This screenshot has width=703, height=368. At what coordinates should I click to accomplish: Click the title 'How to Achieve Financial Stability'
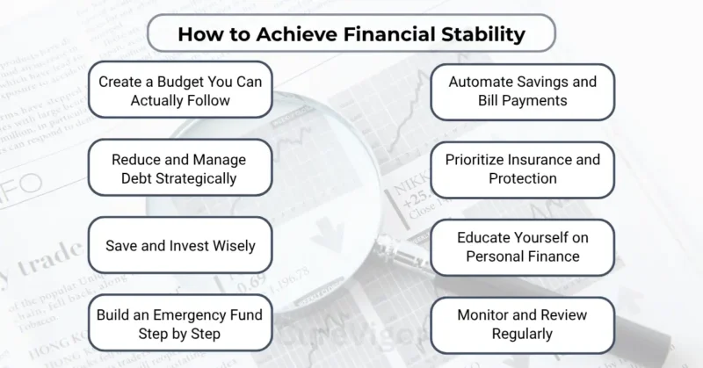[351, 35]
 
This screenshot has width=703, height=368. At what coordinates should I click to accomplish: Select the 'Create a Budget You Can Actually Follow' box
[181, 91]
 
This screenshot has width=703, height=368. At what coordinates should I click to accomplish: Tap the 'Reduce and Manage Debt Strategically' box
[179, 169]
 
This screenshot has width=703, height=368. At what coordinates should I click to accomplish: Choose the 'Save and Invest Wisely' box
[181, 245]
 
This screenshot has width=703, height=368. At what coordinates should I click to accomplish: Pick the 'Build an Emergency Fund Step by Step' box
[179, 323]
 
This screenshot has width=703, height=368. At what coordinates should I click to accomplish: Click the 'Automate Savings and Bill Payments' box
[522, 91]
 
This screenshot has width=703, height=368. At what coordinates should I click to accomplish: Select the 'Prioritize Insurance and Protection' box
[522, 169]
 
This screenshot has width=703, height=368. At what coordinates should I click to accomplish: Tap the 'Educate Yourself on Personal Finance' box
[522, 247]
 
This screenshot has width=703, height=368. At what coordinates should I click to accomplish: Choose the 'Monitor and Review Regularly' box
[522, 323]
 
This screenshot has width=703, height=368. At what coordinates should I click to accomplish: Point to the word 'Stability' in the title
[481, 35]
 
